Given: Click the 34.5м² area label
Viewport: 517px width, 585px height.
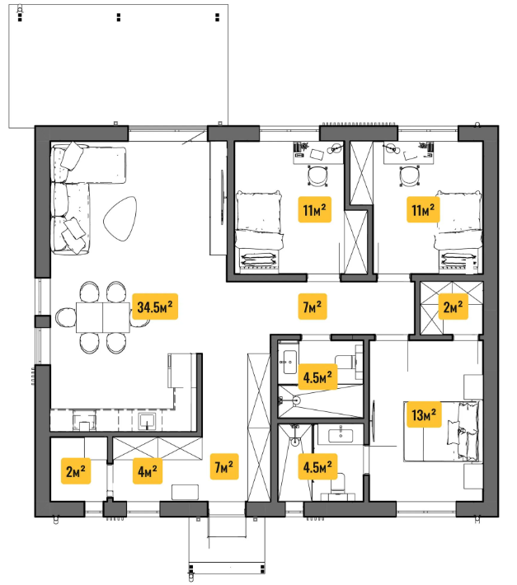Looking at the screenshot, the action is pyautogui.click(x=155, y=307).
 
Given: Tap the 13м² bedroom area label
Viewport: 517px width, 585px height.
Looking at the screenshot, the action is pyautogui.click(x=424, y=414).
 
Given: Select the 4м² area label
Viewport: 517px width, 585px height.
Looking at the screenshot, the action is pyautogui.click(x=148, y=471).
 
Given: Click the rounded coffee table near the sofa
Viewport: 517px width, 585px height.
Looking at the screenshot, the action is pyautogui.click(x=120, y=218).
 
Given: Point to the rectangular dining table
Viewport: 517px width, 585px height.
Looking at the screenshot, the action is pyautogui.click(x=103, y=317).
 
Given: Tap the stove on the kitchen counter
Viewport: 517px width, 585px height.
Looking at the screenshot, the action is pyautogui.click(x=84, y=420).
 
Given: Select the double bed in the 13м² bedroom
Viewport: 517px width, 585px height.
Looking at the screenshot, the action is pyautogui.click(x=442, y=431).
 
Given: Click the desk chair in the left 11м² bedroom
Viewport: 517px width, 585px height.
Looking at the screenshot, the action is pyautogui.click(x=317, y=175).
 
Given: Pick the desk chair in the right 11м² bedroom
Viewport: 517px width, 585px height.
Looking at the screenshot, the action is pyautogui.click(x=409, y=175).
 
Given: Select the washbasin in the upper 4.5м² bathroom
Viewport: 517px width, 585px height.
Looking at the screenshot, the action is pyautogui.click(x=290, y=362).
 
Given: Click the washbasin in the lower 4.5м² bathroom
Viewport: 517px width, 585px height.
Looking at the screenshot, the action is pyautogui.click(x=341, y=435).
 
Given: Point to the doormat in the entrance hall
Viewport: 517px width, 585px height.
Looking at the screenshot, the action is pyautogui.click(x=185, y=492).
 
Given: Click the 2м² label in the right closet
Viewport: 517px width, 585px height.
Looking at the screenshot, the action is pyautogui.click(x=453, y=307).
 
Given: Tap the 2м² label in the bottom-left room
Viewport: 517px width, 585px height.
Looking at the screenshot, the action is pyautogui.click(x=76, y=471).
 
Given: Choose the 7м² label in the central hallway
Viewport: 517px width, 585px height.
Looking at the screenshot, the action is pyautogui.click(x=313, y=307).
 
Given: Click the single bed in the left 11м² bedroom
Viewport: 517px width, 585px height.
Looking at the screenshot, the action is pyautogui.click(x=259, y=229).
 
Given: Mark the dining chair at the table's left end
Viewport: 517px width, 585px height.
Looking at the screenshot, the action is pyautogui.click(x=66, y=317).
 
